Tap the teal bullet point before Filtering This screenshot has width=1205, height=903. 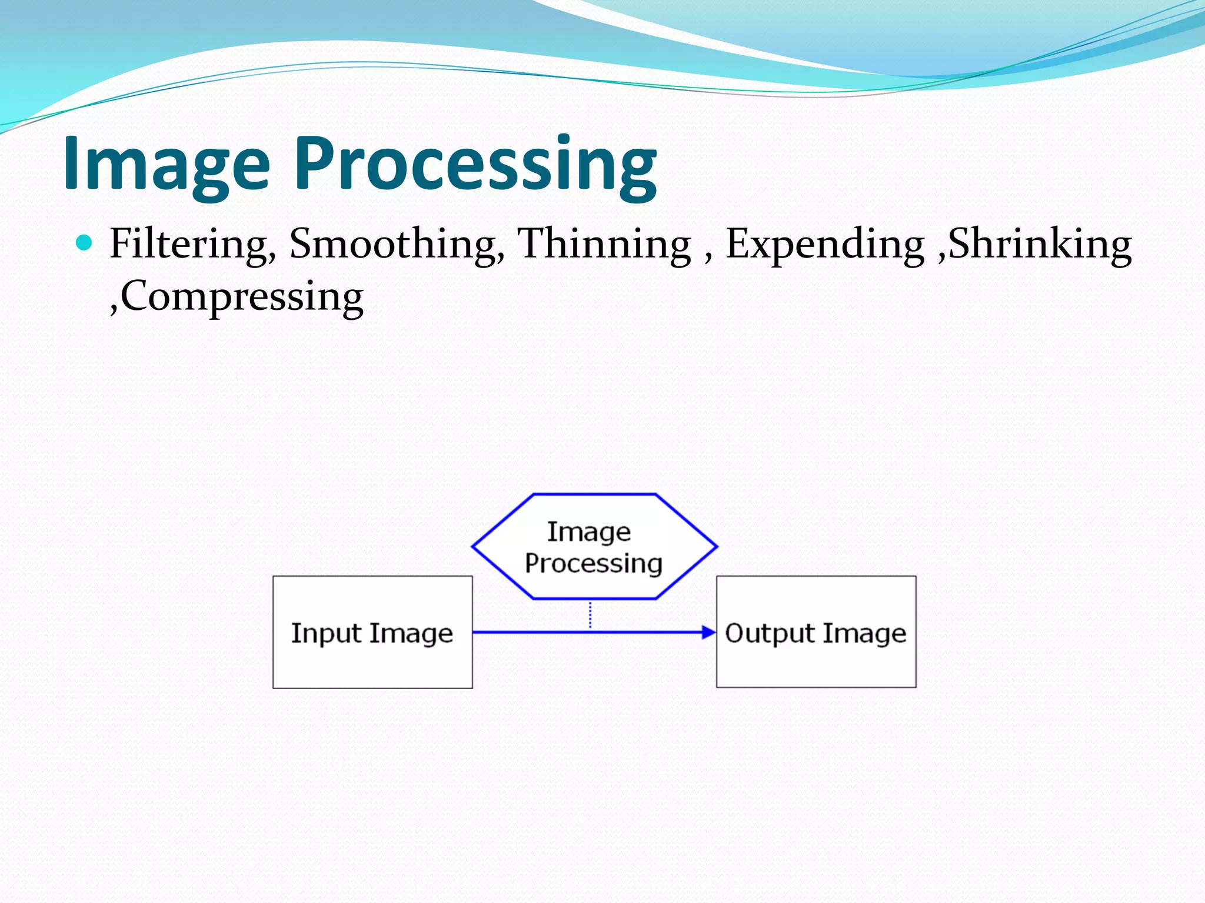click(x=85, y=242)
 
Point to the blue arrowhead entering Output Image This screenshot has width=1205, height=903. click(x=708, y=633)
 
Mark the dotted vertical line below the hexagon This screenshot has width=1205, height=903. click(x=590, y=614)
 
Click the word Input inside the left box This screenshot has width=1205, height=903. click(x=326, y=634)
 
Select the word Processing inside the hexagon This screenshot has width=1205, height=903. click(x=594, y=563)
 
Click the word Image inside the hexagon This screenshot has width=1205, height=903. click(x=589, y=531)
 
